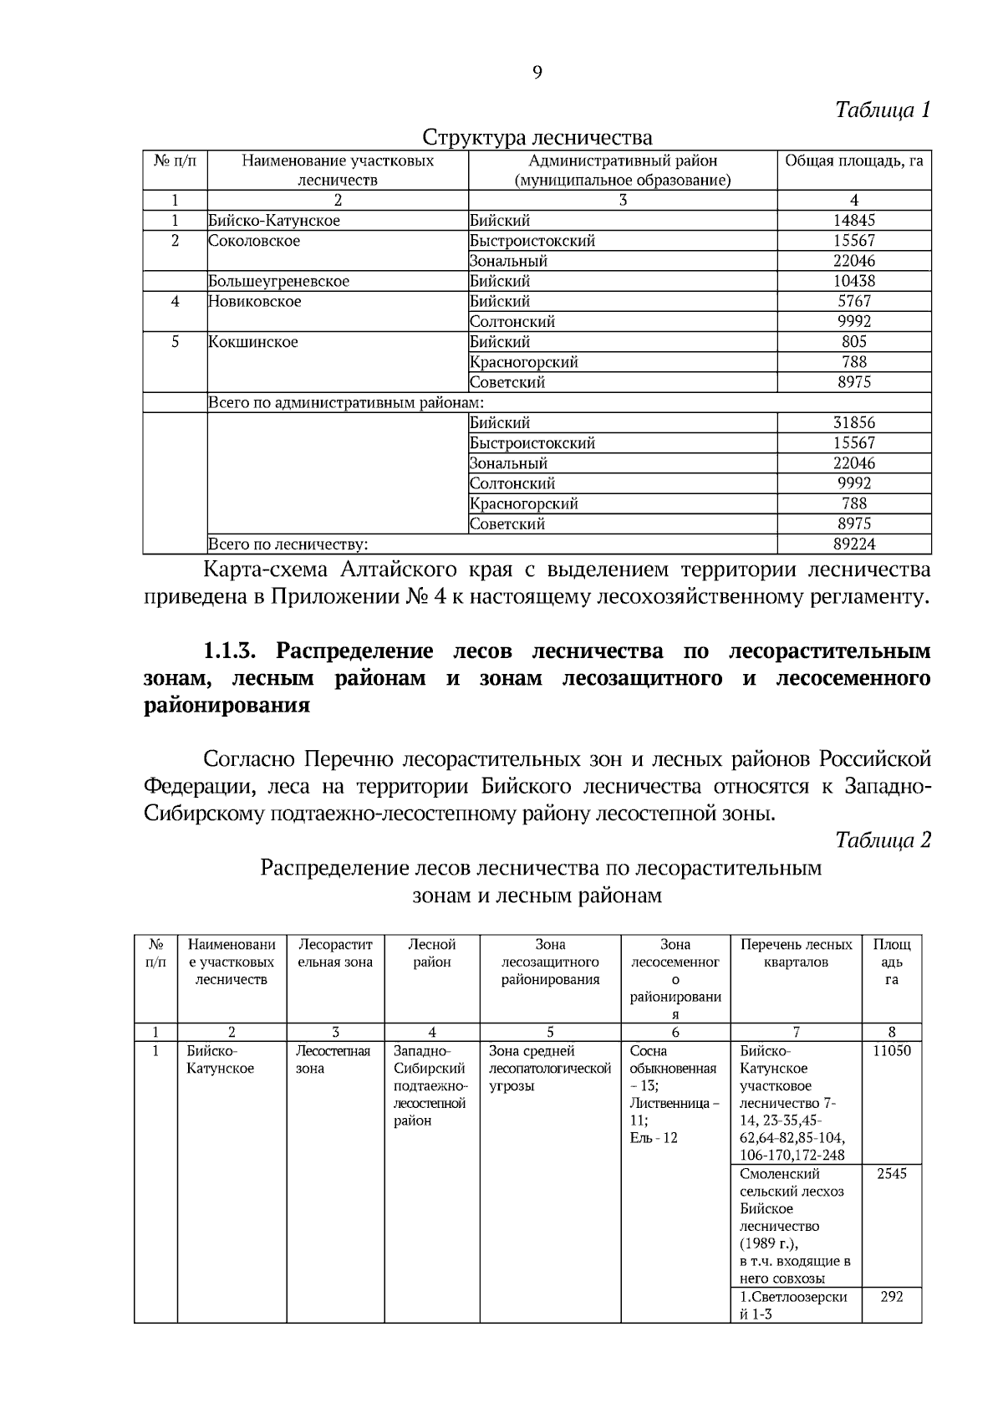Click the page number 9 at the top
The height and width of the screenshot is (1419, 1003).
click(537, 73)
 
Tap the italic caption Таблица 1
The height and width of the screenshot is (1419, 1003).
click(883, 110)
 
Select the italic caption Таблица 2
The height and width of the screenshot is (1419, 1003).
click(883, 840)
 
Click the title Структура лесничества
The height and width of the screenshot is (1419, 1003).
click(537, 136)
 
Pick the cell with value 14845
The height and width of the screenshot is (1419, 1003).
click(853, 221)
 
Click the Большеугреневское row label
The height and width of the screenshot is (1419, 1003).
click(279, 282)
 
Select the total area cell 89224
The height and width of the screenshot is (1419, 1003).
click(853, 545)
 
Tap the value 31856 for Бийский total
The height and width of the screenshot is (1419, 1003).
click(853, 423)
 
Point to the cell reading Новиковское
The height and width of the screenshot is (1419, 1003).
click(255, 302)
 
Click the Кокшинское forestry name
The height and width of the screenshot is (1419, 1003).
click(253, 342)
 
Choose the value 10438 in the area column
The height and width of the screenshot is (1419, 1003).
click(853, 282)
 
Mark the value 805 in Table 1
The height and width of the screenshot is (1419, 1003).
click(853, 342)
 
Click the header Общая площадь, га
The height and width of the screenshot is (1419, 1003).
click(853, 161)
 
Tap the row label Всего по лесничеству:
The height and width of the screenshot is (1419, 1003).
click(288, 545)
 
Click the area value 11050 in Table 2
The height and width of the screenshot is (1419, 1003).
click(891, 1051)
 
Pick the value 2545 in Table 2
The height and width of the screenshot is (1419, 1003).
click(891, 1174)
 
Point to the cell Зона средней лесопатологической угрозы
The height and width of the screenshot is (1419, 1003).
click(549, 1069)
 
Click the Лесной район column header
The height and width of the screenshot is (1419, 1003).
click(431, 953)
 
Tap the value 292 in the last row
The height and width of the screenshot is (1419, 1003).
click(891, 1297)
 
